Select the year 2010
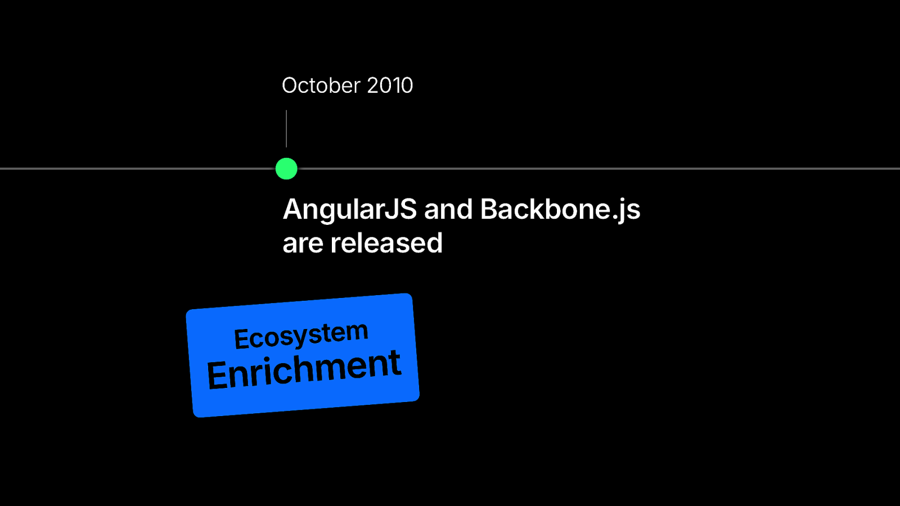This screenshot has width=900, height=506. (390, 85)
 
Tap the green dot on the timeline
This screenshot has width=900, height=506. (286, 169)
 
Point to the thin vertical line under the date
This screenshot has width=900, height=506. (286, 129)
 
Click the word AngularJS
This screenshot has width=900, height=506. (349, 210)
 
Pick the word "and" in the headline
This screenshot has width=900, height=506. (448, 209)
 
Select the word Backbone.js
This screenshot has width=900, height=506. (560, 210)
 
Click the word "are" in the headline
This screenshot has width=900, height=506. (303, 244)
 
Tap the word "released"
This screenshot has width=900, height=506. (386, 242)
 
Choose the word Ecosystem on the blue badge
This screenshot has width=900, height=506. (301, 336)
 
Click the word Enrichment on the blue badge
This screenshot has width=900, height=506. (304, 369)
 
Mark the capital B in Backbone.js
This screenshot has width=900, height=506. (489, 209)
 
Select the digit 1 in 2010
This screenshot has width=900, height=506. (391, 85)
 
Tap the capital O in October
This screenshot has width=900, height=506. (290, 85)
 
